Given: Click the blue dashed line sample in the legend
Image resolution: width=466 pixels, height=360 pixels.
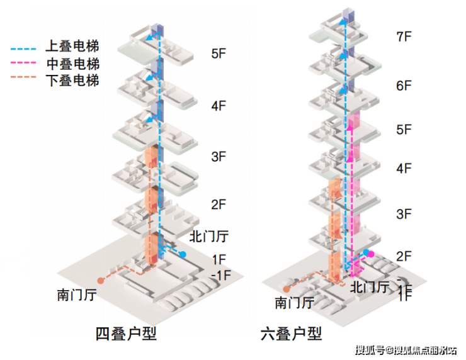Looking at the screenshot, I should [x=26, y=47].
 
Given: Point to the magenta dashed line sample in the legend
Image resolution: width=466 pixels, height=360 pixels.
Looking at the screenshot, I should [x=26, y=64].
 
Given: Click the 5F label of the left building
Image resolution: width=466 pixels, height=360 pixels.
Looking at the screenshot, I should [x=218, y=54].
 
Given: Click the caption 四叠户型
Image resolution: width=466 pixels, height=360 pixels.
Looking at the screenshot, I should [x=125, y=334].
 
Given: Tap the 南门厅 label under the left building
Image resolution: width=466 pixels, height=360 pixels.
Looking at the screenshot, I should [x=76, y=294].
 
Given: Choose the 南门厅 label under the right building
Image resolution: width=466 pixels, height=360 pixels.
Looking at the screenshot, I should [x=294, y=303].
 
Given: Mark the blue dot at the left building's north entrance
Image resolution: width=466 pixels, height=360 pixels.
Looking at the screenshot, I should [x=183, y=254].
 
